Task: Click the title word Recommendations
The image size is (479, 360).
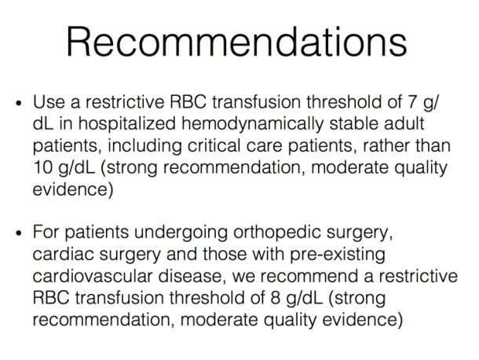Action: [x=236, y=42]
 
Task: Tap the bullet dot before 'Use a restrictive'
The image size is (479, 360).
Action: [x=19, y=103]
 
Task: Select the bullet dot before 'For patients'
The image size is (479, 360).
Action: [x=19, y=233]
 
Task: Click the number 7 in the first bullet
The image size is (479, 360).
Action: [x=413, y=102]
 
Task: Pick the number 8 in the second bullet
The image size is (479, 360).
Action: [x=276, y=298]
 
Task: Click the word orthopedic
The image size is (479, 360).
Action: [x=276, y=232]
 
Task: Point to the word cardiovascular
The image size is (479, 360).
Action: [x=92, y=276]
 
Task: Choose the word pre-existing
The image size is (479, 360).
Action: [x=337, y=255]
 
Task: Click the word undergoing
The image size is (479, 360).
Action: [x=181, y=233]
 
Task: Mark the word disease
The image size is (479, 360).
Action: [x=189, y=276]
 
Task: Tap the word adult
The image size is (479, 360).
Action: [x=404, y=123]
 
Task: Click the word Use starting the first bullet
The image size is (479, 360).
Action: [x=49, y=102]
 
